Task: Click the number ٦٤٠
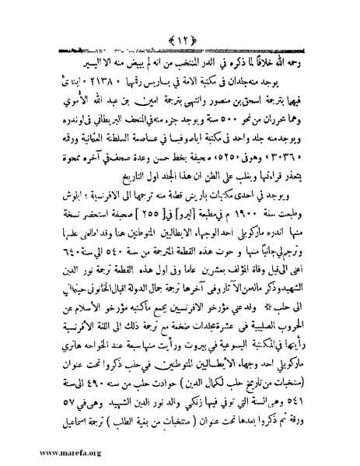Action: tap(44, 234)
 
